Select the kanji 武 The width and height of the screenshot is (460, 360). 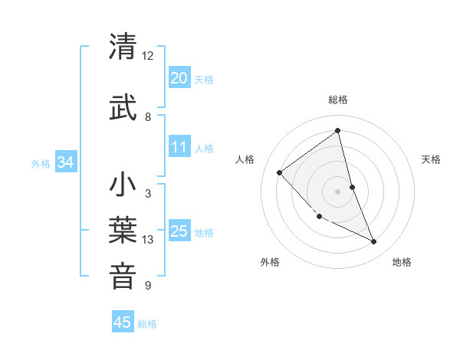coord(123,107)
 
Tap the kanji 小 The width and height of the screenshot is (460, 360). coord(123,185)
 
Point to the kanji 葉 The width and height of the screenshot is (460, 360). coord(123,231)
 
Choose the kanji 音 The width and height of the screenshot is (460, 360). coord(123,277)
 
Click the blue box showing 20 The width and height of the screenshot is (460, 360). coord(179,78)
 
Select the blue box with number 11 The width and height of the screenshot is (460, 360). coord(179,147)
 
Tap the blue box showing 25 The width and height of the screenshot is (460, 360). coord(179,231)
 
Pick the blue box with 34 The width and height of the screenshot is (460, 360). coord(65,162)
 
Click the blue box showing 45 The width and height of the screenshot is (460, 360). coord(123,322)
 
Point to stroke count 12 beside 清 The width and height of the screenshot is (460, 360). coord(147,56)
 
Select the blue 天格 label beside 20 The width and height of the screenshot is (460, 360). coord(204,79)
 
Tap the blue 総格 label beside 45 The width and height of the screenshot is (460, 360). coord(147,324)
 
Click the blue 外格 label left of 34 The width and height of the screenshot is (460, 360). coord(41,163)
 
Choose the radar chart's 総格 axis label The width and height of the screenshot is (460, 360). coord(337,100)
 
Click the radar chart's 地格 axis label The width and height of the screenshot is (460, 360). coord(402,262)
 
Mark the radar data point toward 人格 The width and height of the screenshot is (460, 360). coord(280,172)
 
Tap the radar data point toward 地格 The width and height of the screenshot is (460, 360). coord(374,242)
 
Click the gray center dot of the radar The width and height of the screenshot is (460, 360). coord(337,191)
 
